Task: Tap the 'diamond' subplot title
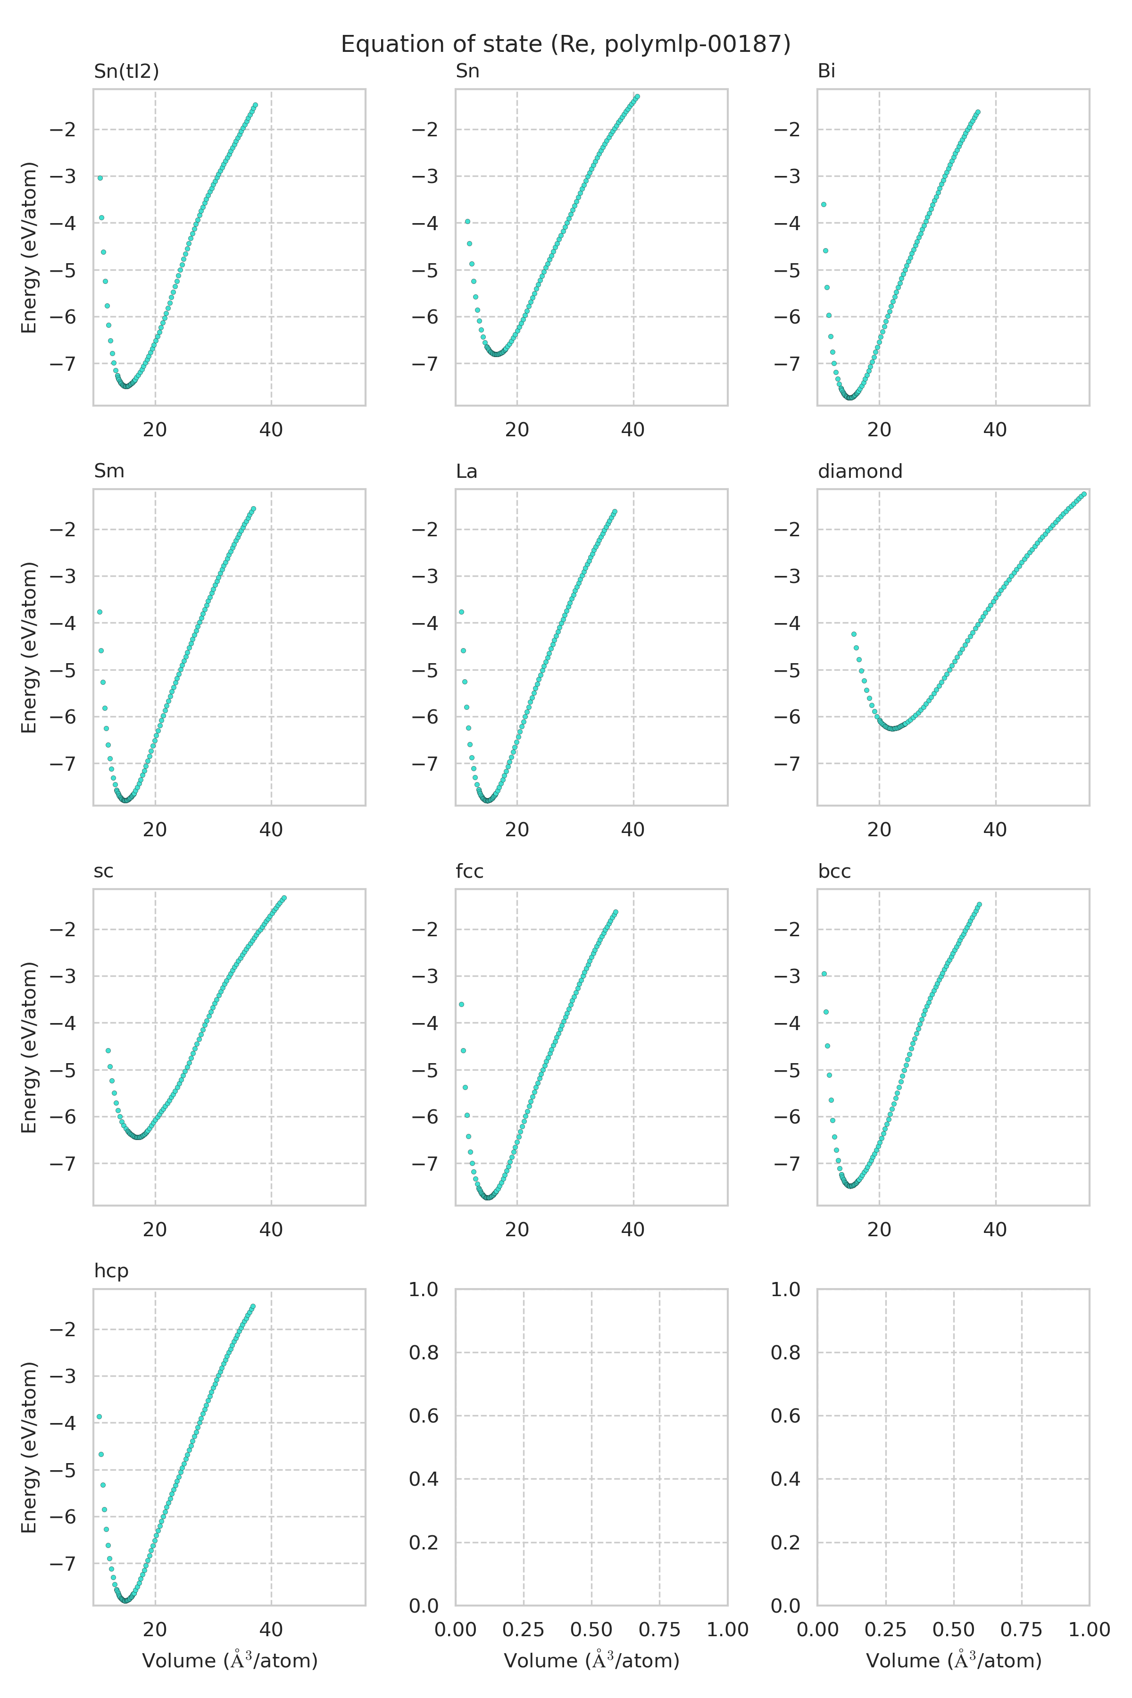click(860, 471)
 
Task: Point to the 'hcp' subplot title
click(111, 1271)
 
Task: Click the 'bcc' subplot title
click(834, 871)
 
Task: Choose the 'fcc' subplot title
click(469, 871)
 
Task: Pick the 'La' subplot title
click(466, 471)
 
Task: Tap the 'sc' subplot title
click(103, 871)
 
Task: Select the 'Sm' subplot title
click(109, 471)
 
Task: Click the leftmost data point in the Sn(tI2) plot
click(100, 178)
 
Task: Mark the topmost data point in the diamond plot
click(1083, 494)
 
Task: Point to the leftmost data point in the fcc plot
click(461, 1004)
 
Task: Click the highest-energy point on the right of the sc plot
click(284, 898)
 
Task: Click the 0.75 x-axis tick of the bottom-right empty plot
click(1022, 1630)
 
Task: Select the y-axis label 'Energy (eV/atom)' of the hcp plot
click(29, 1448)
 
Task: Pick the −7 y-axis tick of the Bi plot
click(787, 364)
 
